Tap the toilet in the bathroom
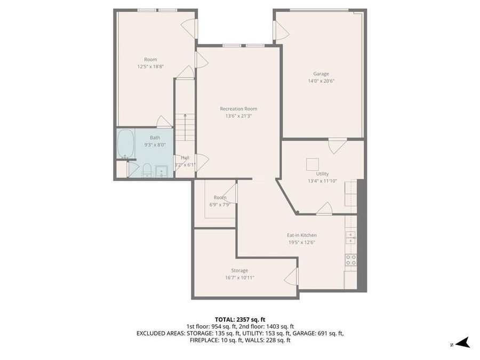[147, 170]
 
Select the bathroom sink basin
[161, 171]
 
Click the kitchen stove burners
[350, 260]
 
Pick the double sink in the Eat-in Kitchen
[350, 237]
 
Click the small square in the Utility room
[312, 163]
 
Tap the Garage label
[321, 74]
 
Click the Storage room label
[239, 270]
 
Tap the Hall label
[185, 157]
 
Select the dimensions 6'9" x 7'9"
[220, 204]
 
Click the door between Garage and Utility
[337, 145]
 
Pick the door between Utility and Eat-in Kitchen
[324, 209]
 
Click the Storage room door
[291, 276]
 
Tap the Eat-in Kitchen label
[302, 235]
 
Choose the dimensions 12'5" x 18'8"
[150, 67]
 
